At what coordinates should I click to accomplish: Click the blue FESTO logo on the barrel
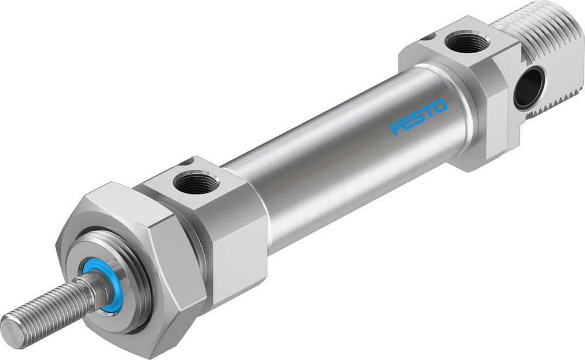coord(418,117)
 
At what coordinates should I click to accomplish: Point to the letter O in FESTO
coord(440,107)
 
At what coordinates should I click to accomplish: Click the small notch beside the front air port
coord(187,162)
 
